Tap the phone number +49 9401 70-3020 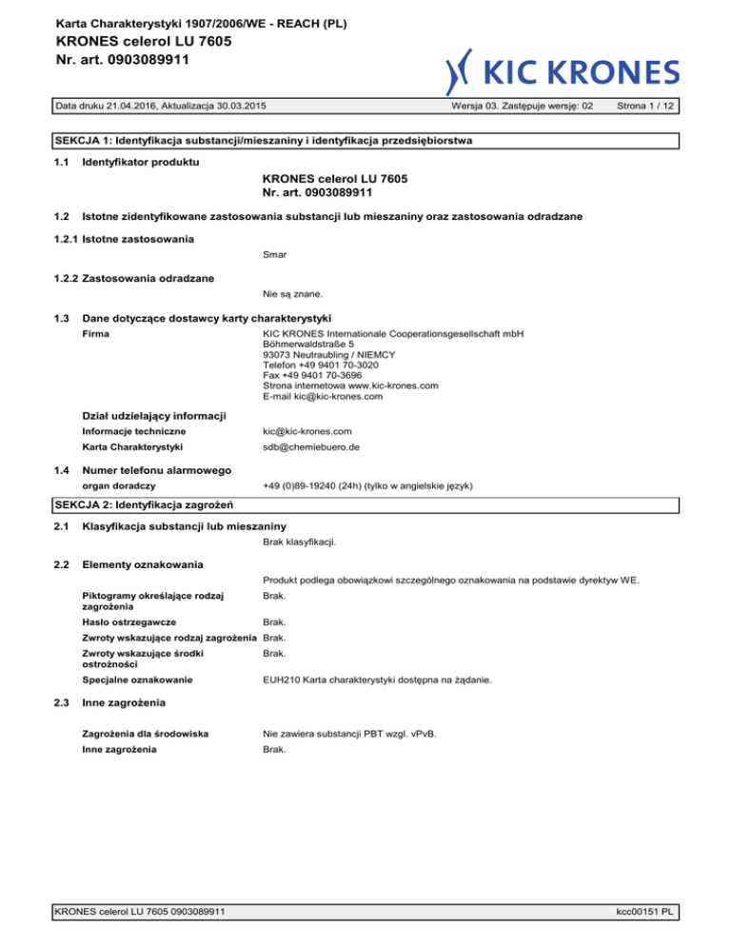319,365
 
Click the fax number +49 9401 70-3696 313,376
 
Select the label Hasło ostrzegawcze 128,621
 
